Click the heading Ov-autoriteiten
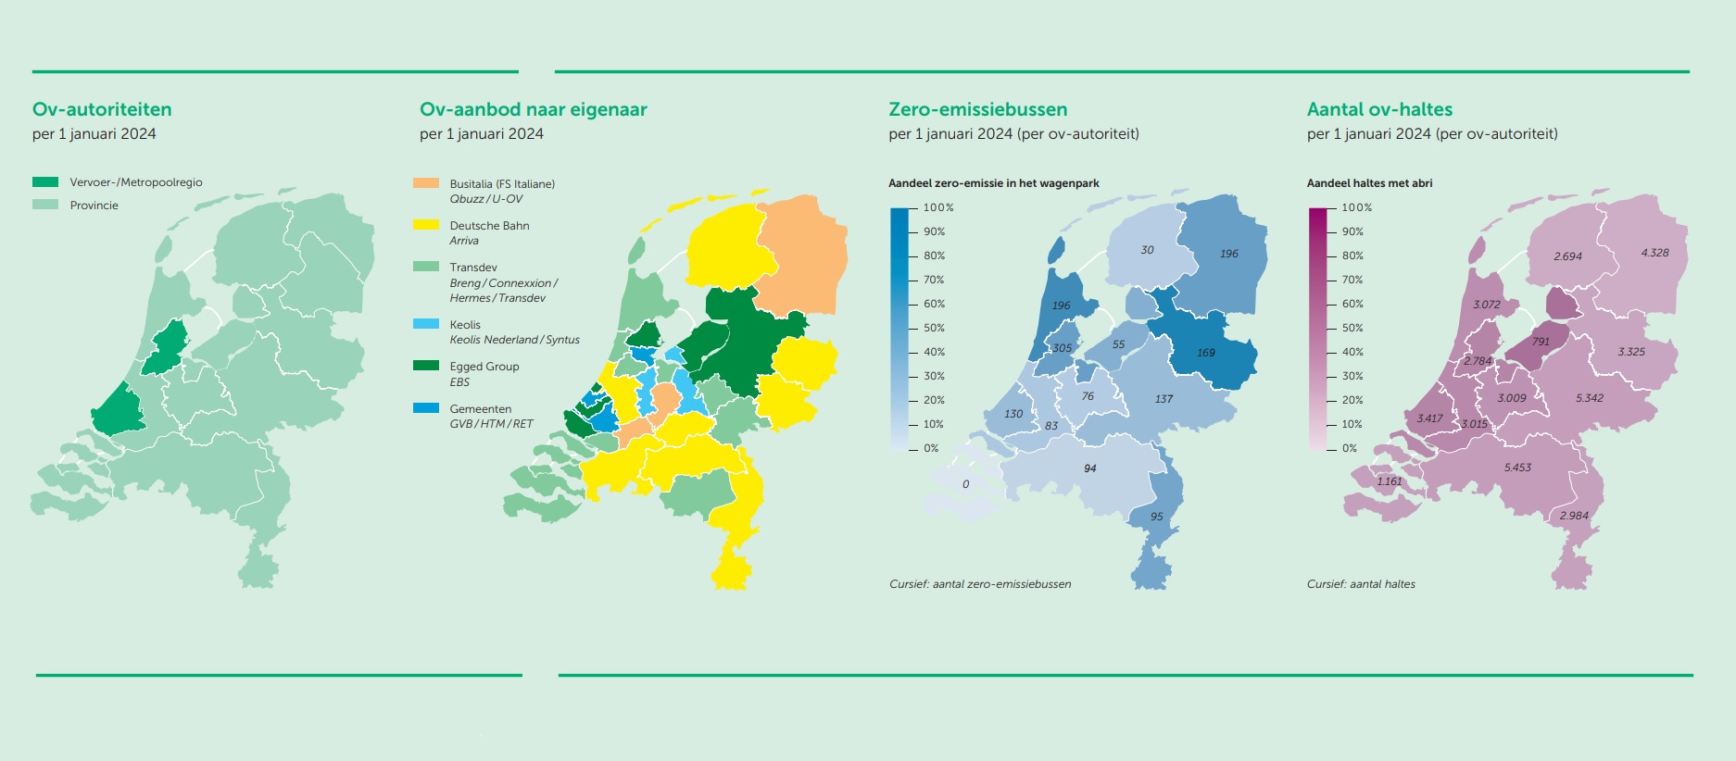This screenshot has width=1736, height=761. click(102, 109)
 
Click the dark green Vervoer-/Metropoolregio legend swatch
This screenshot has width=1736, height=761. click(45, 182)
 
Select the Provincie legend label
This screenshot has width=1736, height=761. click(94, 206)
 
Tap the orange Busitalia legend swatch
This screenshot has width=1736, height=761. click(426, 183)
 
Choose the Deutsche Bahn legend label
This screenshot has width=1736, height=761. click(489, 226)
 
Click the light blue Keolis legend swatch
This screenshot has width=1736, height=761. click(426, 324)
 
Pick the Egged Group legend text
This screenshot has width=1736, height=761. click(484, 367)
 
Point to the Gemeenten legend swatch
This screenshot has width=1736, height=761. click(426, 408)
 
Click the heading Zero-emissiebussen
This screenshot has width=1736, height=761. click(977, 109)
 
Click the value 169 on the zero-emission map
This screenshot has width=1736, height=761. click(1205, 353)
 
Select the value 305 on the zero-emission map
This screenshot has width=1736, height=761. click(1062, 349)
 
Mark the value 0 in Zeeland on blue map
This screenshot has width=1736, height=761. click(965, 484)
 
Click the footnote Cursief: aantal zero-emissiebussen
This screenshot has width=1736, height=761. click(980, 584)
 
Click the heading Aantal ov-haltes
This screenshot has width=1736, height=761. click(1378, 109)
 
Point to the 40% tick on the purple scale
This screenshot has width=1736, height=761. click(1352, 352)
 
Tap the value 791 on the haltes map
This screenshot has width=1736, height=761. click(1541, 342)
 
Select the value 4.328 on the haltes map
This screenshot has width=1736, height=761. click(1654, 253)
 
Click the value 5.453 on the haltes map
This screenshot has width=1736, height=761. click(1517, 468)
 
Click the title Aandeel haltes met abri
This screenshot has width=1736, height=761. click(1369, 183)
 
